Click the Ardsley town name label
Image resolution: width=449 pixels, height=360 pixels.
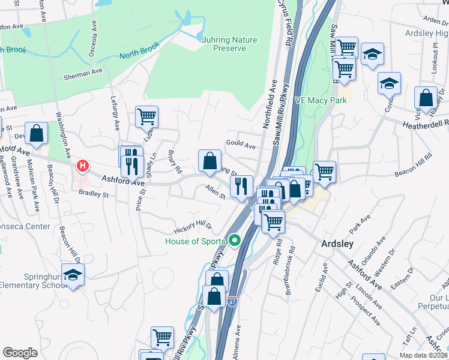pyautogui.click(x=337, y=244)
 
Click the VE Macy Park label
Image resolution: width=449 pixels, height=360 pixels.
pyautogui.click(x=321, y=100)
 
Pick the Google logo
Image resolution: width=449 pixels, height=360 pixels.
pyautogui.click(x=20, y=352)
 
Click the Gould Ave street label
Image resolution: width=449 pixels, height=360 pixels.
pyautogui.click(x=241, y=146)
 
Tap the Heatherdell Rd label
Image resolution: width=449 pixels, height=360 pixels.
pyautogui.click(x=426, y=123)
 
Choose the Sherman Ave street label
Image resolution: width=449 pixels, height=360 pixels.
pyautogui.click(x=83, y=72)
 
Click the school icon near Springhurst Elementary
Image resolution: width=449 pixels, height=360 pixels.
pyautogui.click(x=73, y=274)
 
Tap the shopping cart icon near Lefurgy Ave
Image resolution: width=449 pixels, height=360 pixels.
pyautogui.click(x=146, y=116)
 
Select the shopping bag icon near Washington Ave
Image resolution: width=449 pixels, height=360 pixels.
pyautogui.click(x=37, y=134)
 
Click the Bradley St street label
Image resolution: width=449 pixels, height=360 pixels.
pyautogui.click(x=93, y=194)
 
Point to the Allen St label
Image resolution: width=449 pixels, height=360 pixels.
pyautogui.click(x=215, y=193)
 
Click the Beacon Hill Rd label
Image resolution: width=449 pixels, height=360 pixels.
pyautogui.click(x=413, y=164)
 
